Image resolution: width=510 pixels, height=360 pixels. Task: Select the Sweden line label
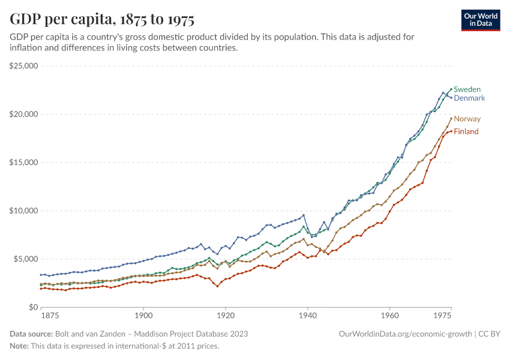click(467, 89)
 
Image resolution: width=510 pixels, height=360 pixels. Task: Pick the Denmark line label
click(469, 98)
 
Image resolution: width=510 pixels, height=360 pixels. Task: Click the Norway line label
click(467, 119)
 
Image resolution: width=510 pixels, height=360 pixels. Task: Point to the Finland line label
click(466, 131)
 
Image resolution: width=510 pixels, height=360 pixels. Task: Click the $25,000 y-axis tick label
click(24, 66)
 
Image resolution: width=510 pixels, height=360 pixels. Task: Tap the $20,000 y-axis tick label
click(24, 114)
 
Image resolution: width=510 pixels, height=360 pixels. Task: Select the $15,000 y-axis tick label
click(24, 163)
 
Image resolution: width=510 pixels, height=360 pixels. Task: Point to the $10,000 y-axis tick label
click(24, 211)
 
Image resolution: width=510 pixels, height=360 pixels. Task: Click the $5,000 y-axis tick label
click(26, 259)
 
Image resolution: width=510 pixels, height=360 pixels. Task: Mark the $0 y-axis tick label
click(33, 307)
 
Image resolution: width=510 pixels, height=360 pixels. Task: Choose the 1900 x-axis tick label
click(143, 316)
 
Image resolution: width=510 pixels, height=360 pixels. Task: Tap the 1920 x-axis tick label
click(225, 316)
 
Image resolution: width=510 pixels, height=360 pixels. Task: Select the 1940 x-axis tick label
click(307, 316)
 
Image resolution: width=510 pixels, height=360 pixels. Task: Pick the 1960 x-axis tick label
click(389, 316)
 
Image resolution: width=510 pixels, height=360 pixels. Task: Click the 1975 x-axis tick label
click(442, 316)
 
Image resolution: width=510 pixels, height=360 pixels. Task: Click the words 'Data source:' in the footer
click(31, 334)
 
